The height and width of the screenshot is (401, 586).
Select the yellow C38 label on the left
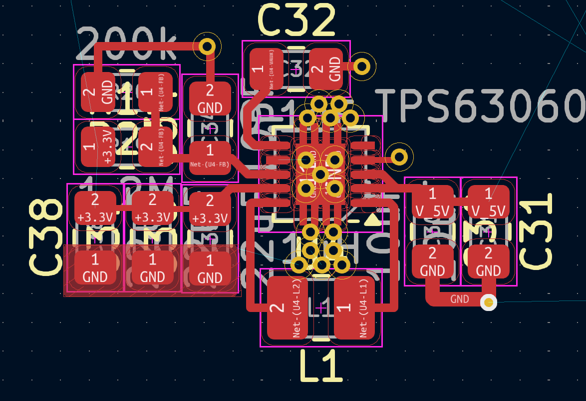(x=46, y=236)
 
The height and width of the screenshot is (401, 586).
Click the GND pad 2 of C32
(x=329, y=69)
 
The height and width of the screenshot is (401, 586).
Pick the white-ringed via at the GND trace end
(x=489, y=302)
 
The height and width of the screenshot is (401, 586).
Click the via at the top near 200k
(x=207, y=46)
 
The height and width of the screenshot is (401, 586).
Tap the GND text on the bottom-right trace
(x=459, y=299)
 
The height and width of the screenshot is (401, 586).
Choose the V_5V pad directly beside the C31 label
(x=488, y=202)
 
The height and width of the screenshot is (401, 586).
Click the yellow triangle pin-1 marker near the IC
(x=372, y=219)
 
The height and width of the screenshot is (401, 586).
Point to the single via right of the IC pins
(x=399, y=157)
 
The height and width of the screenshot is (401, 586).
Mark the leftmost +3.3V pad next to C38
(x=95, y=208)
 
